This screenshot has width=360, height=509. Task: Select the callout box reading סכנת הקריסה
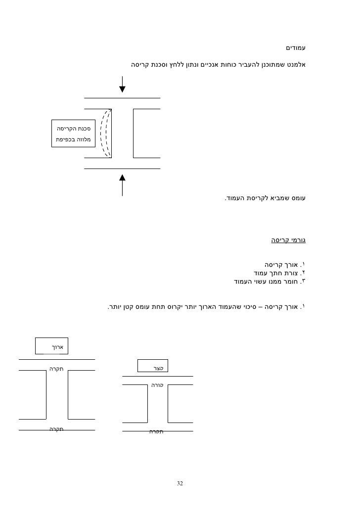pos(72,133)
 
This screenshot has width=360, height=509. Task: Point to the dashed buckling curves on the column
pos(105,133)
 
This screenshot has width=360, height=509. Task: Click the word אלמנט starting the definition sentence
pos(296,65)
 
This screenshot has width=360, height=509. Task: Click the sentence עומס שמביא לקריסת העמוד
pos(266,199)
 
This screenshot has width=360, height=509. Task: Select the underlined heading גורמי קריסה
pos(288,241)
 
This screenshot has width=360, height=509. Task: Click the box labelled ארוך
pos(51,346)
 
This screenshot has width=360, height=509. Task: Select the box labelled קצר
pos(153,368)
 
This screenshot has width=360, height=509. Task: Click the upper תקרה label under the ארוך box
pos(57,369)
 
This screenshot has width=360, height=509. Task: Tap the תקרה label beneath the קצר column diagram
pos(156,431)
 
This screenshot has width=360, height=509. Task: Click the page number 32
pos(180,483)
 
